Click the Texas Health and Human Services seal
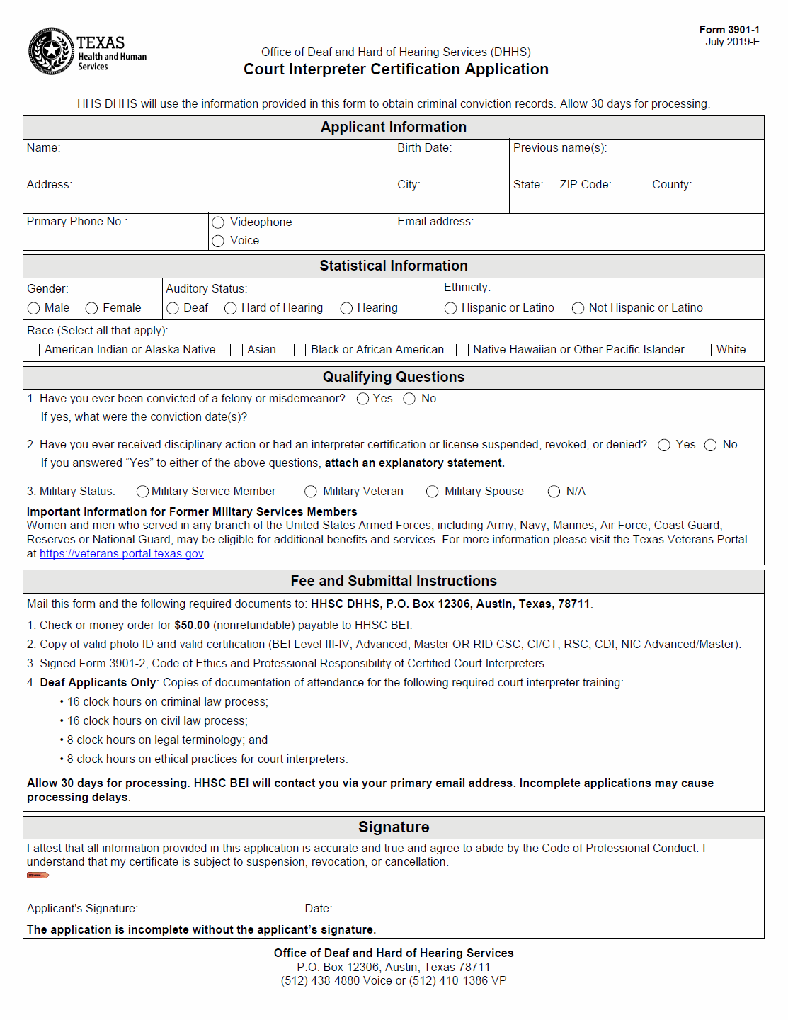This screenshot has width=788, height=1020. tap(51, 51)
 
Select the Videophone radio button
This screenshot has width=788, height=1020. tap(218, 222)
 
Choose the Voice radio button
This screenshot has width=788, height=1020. tap(218, 241)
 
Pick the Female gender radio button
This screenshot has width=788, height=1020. tap(91, 308)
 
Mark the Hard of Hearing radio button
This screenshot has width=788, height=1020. tap(230, 308)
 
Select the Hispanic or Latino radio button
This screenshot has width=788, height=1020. tap(450, 308)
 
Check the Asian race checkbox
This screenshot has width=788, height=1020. tap(236, 350)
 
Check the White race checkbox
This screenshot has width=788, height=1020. tap(705, 350)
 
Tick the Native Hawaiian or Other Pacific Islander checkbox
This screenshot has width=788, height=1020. tap(462, 350)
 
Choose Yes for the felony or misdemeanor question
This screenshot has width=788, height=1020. tap(362, 399)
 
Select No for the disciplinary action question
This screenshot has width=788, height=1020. tap(711, 445)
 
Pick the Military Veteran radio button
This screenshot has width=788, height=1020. tap(311, 492)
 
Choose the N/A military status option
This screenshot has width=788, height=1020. tap(554, 492)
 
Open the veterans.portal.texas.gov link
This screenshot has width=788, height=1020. tap(122, 554)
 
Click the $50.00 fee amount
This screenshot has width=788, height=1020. tap(192, 625)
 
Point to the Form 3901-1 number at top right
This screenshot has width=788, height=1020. tap(729, 30)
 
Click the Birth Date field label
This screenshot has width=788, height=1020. tap(424, 148)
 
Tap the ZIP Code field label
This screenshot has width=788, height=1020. tap(585, 185)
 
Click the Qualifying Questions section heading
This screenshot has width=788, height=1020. tap(394, 378)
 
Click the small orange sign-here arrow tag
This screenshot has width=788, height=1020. tap(38, 875)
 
